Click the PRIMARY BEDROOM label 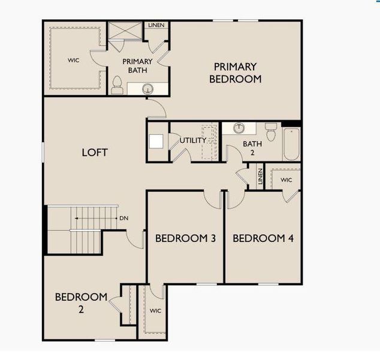tap(235, 73)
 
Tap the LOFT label tap(95, 152)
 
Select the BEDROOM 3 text tap(185, 238)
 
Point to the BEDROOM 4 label tap(263, 238)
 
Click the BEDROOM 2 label tap(81, 302)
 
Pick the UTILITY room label tap(193, 140)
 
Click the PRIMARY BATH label tap(137, 65)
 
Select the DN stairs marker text tap(123, 218)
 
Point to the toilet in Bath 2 tap(271, 131)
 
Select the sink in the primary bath tap(148, 89)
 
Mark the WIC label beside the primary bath tap(73, 60)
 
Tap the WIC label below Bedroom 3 tap(155, 311)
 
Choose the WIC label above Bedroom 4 tap(286, 179)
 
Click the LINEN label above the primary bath tap(157, 26)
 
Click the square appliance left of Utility tap(157, 142)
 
